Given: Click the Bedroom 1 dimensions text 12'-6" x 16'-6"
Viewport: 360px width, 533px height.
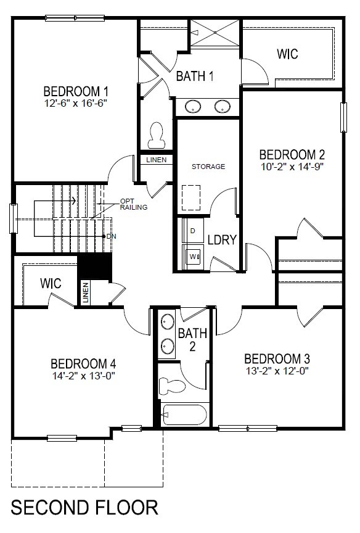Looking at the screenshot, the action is coord(76,104).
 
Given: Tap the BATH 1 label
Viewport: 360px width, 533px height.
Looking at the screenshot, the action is coord(195,76).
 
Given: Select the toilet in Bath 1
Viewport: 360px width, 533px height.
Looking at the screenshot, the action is coord(157,135).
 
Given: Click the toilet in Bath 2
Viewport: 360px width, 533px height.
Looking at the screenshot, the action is coord(172,386).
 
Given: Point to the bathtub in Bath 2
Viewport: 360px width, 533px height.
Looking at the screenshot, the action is coord(185,415).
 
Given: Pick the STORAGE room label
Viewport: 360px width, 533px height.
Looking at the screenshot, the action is coord(208,167).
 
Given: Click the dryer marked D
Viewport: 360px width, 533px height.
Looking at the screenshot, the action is coord(192,231).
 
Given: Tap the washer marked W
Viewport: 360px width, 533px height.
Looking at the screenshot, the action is coord(193,257).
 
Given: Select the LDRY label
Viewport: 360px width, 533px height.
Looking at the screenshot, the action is coord(222,240).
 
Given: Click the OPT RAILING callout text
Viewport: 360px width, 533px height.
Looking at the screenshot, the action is coord(134,204).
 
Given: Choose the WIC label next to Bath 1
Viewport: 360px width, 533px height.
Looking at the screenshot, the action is coord(287,54).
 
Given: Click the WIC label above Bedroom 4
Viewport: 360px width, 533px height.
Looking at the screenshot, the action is coord(51,283).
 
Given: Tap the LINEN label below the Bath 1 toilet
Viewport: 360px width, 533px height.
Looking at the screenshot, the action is coord(156,160).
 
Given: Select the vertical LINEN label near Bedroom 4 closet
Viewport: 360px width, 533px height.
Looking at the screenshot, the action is coord(86,292).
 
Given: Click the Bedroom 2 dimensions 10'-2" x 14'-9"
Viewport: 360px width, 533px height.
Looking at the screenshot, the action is coord(292,167).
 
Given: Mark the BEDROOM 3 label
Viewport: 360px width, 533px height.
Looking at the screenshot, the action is coord(277,359).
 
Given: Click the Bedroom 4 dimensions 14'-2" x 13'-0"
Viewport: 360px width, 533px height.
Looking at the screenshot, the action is coord(83,376).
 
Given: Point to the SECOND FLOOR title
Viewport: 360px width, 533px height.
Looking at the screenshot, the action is coord(84,508).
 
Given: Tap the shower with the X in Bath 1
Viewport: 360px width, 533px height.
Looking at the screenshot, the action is coord(215,33).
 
